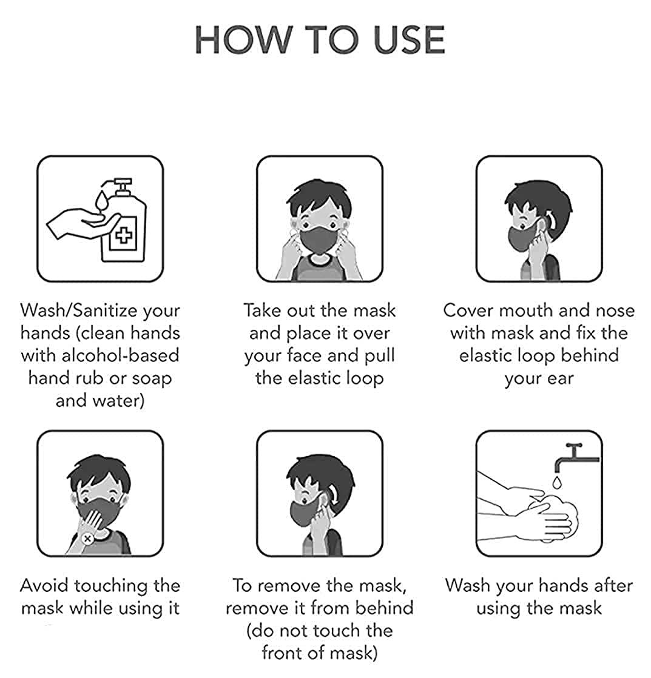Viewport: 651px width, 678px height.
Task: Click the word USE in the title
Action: (x=409, y=40)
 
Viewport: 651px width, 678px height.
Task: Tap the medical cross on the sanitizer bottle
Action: (x=124, y=236)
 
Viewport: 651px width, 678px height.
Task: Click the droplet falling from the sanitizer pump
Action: (x=101, y=201)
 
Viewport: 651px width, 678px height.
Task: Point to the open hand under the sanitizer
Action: (x=82, y=223)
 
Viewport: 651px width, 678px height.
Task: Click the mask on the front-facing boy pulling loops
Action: (x=319, y=240)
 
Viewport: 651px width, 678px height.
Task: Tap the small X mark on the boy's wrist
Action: (x=87, y=539)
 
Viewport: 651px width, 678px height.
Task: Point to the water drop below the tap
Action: (x=557, y=483)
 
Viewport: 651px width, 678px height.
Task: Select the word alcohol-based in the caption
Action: (x=120, y=355)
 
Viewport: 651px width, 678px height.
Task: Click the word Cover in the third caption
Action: (x=468, y=310)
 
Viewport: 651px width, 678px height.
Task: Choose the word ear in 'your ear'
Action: (x=560, y=379)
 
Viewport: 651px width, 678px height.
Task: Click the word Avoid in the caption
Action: (x=45, y=585)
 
